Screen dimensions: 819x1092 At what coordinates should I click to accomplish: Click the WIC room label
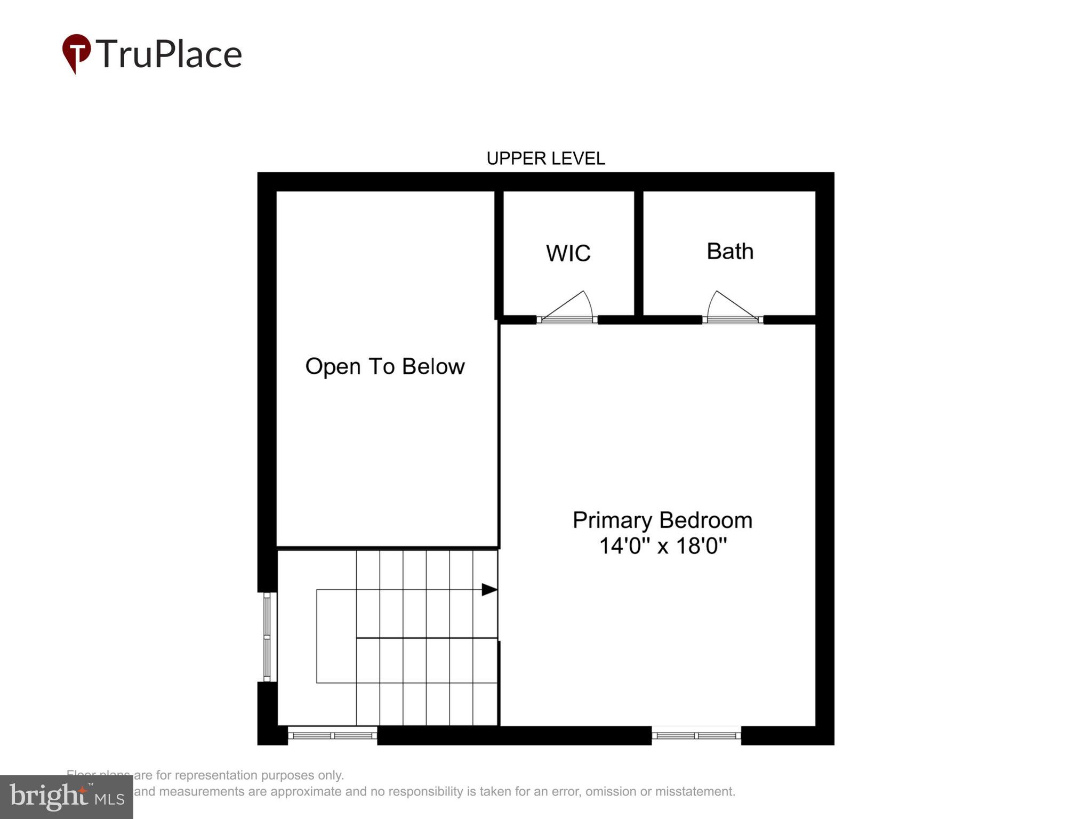(568, 253)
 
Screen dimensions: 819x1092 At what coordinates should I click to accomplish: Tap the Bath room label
(729, 251)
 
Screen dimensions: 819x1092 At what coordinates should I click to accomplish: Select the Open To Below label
(384, 366)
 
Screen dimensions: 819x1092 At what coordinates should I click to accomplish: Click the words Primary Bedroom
(662, 520)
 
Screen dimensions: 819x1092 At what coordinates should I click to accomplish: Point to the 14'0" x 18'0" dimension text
(662, 545)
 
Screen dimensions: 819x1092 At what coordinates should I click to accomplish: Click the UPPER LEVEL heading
(545, 158)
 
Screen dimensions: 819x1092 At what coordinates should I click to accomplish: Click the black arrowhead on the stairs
(489, 589)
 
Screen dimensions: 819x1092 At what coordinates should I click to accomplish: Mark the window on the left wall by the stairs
(267, 637)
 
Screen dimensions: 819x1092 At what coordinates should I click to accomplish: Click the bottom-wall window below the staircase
(332, 735)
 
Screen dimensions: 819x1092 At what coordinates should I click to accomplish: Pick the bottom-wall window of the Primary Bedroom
(696, 735)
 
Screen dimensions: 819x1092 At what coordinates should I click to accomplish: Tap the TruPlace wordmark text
(169, 54)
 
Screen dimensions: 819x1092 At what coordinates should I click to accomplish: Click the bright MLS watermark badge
(67, 797)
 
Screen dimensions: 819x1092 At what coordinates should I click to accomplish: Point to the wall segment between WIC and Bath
(638, 253)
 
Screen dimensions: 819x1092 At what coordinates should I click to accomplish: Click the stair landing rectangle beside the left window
(336, 636)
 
